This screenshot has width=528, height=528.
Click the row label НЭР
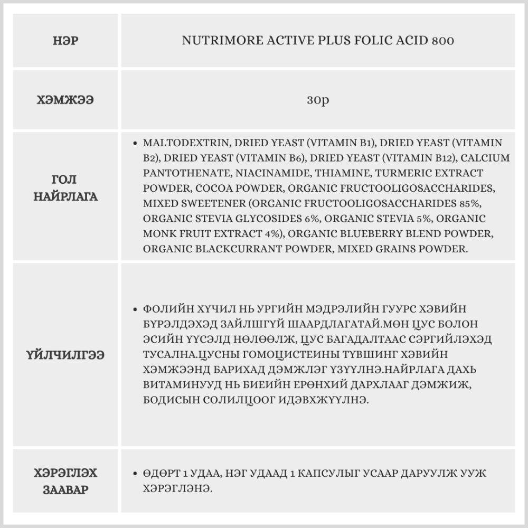(x=66, y=41)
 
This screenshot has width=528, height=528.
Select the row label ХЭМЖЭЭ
(x=66, y=100)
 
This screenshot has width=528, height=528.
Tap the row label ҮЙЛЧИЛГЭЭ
(x=66, y=354)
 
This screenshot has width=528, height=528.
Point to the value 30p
(x=318, y=100)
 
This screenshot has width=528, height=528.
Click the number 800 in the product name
(x=442, y=41)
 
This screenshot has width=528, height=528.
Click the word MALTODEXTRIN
(x=185, y=143)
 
